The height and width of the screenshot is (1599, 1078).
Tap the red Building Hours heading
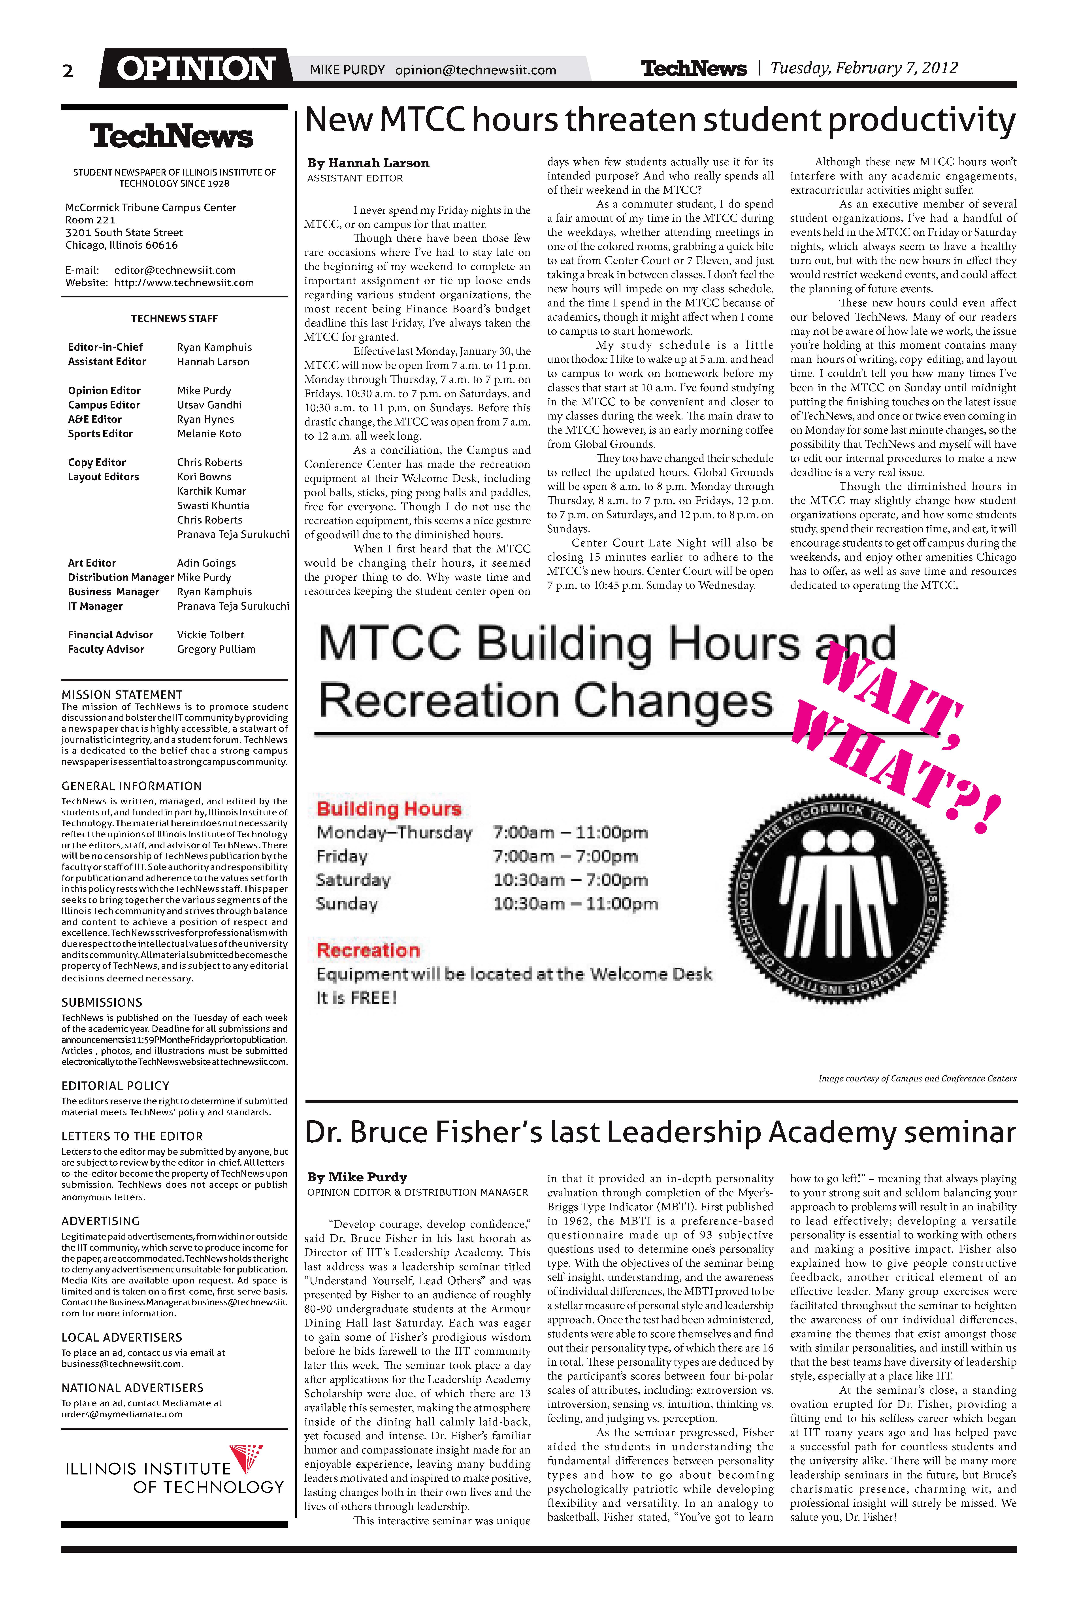388,809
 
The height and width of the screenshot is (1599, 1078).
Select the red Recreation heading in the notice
368,951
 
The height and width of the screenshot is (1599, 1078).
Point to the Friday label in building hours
342,856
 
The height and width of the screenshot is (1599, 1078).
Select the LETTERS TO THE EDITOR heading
132,1136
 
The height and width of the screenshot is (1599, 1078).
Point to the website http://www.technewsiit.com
184,283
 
